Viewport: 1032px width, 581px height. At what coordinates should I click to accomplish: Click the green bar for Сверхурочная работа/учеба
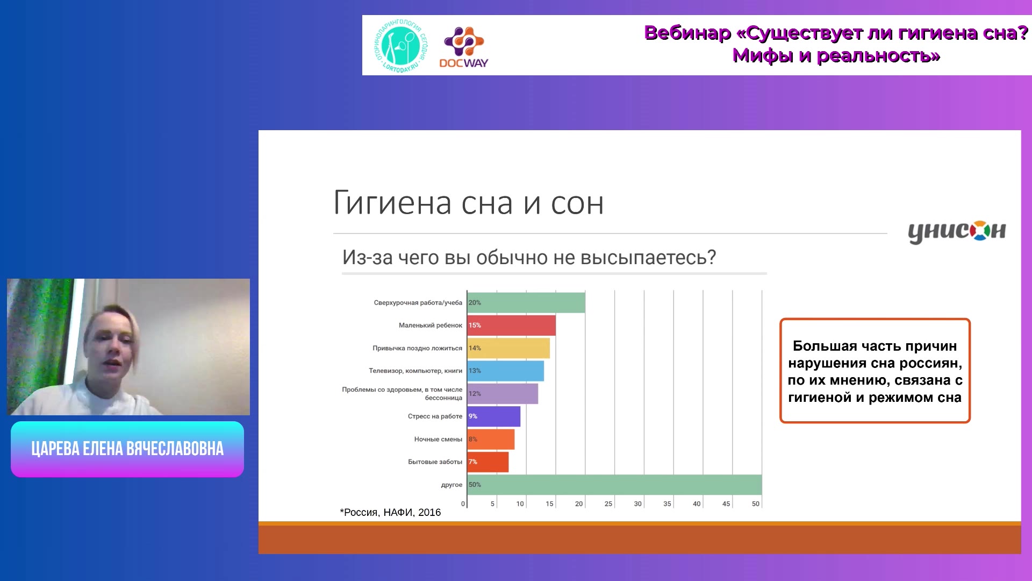coord(526,302)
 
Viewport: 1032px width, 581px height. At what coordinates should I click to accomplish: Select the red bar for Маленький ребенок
coord(512,325)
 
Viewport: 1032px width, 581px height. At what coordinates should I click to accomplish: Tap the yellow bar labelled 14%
coord(508,348)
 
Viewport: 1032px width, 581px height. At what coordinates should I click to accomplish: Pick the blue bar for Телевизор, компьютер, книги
coord(506,371)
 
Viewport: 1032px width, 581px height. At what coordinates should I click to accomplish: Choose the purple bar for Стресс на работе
coord(494,416)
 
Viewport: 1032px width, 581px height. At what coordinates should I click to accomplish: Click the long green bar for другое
coord(614,485)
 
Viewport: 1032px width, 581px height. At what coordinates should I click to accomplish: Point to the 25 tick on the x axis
coord(608,504)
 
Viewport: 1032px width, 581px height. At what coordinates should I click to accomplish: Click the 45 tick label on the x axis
coord(726,504)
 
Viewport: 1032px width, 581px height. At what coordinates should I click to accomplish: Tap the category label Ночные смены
coord(438,440)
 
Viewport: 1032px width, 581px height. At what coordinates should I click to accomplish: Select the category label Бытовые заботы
coord(435,462)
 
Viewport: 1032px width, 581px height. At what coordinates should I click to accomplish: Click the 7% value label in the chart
coord(472,462)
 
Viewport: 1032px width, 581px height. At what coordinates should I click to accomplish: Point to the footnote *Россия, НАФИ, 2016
coord(390,513)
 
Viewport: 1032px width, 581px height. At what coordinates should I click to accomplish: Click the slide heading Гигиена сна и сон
coord(468,203)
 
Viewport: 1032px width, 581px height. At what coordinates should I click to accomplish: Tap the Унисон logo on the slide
coord(957,231)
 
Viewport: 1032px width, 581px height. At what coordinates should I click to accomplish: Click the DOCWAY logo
coord(464,47)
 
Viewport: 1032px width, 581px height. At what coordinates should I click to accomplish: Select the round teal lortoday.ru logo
coord(401,46)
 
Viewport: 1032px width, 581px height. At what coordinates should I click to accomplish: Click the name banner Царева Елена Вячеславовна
coord(127,449)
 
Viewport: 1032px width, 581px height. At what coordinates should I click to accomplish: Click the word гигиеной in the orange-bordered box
coord(819,398)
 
